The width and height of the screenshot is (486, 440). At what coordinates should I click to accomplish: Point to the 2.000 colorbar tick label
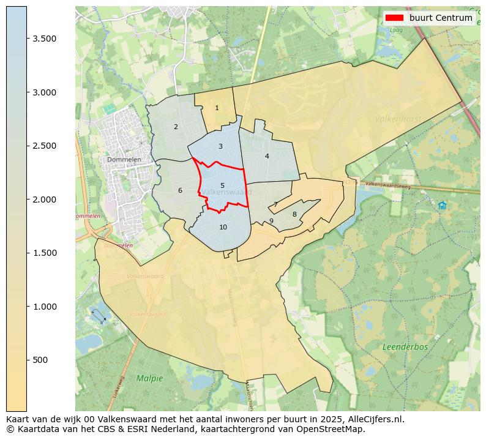(45, 199)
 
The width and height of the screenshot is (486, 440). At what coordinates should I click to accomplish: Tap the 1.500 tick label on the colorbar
(45, 253)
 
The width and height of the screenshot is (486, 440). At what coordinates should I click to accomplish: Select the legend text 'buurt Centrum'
(441, 18)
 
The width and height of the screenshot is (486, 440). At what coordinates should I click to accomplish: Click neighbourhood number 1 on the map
(217, 108)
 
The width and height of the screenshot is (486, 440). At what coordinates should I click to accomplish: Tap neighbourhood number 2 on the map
(176, 127)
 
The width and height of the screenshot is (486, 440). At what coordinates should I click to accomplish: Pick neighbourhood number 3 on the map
(220, 146)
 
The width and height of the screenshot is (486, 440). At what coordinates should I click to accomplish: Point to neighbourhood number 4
(267, 156)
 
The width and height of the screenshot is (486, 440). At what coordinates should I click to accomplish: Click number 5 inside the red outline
(222, 185)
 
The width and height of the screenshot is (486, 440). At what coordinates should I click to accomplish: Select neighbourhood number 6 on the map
(180, 190)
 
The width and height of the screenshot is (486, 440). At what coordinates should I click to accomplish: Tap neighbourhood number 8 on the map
(294, 214)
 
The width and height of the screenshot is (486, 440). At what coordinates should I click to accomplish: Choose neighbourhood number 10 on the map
(223, 227)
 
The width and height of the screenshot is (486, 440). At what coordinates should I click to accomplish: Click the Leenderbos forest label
(405, 347)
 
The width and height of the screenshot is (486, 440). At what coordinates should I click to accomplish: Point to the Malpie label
(149, 378)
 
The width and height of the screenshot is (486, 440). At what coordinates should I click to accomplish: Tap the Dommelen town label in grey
(124, 160)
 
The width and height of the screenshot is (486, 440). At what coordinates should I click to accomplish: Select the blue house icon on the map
(442, 206)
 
